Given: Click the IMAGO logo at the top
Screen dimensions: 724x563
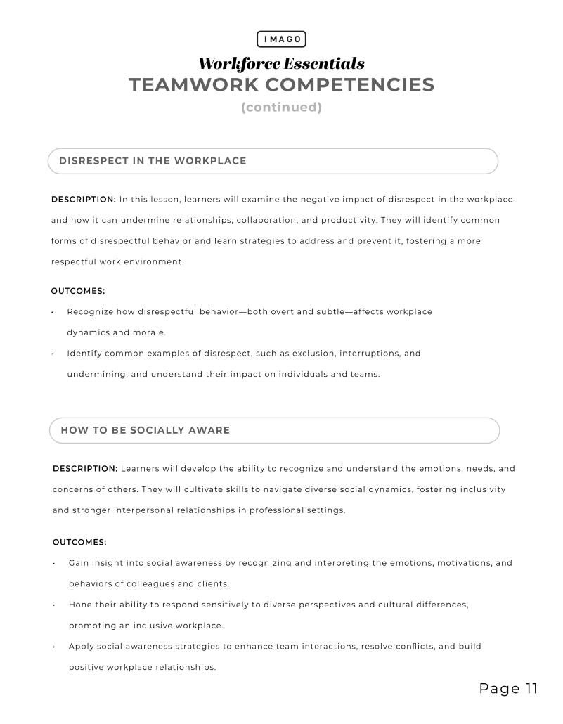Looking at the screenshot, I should [x=281, y=39].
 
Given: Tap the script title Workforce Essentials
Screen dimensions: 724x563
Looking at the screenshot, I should [x=281, y=64].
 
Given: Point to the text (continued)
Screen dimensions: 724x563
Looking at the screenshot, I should [x=281, y=108].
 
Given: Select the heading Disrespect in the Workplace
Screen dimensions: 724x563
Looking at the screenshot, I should [x=153, y=161].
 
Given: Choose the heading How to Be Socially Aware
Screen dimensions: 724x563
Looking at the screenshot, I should [x=145, y=430].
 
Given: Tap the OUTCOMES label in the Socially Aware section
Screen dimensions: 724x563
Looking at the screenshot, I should [x=79, y=542].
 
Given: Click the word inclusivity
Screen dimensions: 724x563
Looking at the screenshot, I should [x=480, y=489].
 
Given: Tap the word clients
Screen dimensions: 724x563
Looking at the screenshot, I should [x=213, y=584].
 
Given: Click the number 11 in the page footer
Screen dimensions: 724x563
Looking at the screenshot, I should [x=530, y=689].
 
